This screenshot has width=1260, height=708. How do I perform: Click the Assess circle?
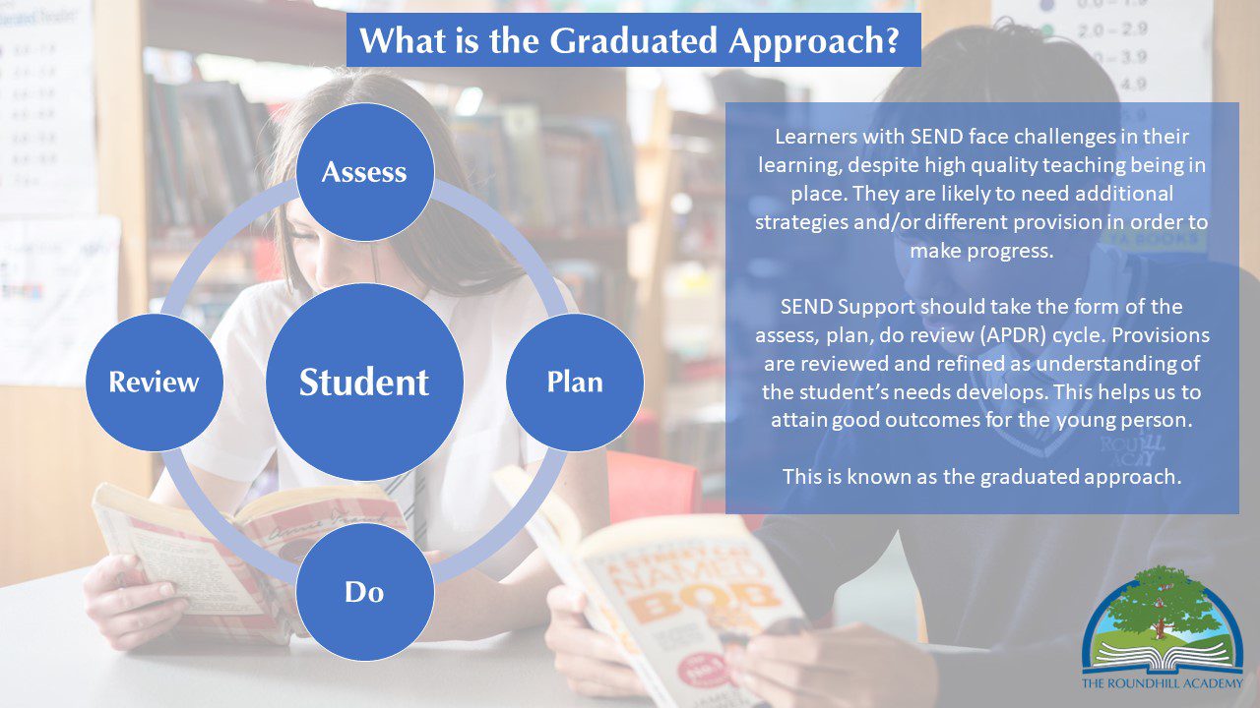click(365, 172)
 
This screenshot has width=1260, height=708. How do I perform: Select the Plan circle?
click(575, 383)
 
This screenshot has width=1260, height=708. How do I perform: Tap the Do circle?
click(365, 592)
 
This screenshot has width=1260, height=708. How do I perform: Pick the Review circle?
click(155, 383)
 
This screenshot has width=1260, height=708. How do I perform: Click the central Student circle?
click(364, 383)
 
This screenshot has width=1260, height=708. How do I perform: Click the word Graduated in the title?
click(633, 40)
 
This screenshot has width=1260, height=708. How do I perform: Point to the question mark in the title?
click(891, 39)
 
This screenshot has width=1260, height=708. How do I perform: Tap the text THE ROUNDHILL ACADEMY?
click(1163, 683)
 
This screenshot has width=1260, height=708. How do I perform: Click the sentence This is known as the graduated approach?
click(981, 477)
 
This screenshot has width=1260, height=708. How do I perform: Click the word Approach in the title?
click(805, 41)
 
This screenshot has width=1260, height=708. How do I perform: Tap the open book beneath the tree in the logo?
click(1163, 656)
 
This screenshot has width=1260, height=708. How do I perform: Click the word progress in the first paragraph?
click(981, 251)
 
